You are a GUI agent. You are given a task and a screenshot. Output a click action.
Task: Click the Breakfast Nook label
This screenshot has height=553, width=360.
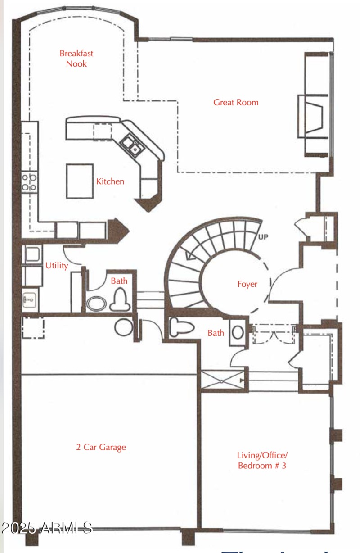tap(76, 59)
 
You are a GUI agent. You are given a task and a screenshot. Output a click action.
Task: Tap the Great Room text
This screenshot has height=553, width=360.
tap(236, 102)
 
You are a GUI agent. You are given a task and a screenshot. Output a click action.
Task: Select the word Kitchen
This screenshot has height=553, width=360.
tap(110, 181)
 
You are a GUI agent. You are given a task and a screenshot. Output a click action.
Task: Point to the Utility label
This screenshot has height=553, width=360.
tap(57, 265)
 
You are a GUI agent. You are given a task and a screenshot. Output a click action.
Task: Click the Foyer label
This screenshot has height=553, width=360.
tap(247, 284)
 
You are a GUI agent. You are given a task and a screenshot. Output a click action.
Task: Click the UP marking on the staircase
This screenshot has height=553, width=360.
tap(263, 237)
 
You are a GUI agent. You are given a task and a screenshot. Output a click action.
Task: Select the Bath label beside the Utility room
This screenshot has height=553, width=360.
tap(119, 281)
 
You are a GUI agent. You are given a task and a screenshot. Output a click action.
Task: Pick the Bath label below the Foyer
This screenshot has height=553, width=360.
tap(216, 333)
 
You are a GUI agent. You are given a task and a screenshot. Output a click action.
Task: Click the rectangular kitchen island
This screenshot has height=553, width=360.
tap(80, 181)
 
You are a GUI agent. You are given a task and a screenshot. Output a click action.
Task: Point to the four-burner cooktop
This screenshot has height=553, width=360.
tap(30, 181)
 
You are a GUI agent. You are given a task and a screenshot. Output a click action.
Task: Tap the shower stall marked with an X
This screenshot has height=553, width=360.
tap(222, 381)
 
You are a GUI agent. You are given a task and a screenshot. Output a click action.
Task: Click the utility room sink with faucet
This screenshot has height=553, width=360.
tap(31, 299)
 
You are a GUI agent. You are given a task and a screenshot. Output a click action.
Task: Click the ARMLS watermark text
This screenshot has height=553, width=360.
tap(47, 528)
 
